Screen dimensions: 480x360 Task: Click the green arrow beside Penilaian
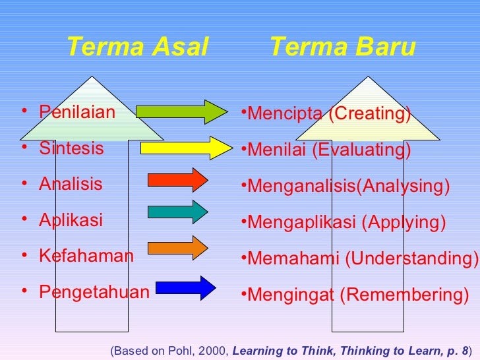pos(181,112)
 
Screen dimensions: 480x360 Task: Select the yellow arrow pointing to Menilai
pos(187,148)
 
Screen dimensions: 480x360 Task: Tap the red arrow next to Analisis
pos(178,180)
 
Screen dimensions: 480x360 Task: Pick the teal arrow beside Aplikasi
pos(178,212)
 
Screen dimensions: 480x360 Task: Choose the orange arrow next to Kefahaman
pos(178,248)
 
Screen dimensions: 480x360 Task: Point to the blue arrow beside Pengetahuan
pos(186,288)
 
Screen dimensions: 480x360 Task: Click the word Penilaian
pos(77,111)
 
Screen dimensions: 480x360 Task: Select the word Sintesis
pos(71,148)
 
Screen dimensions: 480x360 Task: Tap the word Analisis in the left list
pos(71,184)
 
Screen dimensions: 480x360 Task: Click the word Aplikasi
pos(71,220)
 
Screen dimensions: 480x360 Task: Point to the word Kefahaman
pos(86,255)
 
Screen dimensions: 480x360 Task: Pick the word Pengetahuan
pos(94,291)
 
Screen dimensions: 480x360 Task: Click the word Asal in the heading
pos(180,46)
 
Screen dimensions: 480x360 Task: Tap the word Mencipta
pos(285,113)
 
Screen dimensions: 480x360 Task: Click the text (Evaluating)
pos(361,150)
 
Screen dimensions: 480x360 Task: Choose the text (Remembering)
pos(404,295)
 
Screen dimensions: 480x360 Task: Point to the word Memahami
pos(293,258)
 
